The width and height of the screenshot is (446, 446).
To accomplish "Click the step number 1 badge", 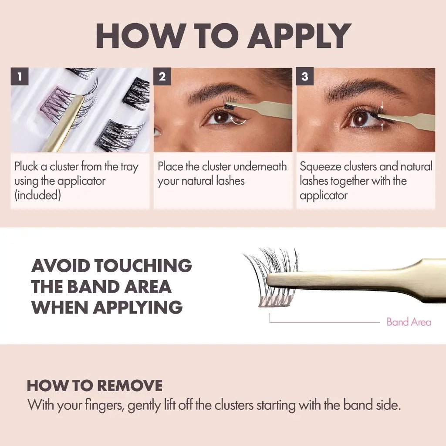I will pos(19,77).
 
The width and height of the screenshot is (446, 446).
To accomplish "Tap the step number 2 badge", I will pos(162,77).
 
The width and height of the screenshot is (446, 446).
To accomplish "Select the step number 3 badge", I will pos(304,77).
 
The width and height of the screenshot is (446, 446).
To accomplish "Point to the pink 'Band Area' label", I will pos(409,322).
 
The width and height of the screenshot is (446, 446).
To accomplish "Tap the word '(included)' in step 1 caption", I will pos(37,195).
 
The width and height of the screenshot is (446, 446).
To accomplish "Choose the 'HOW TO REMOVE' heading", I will pos(95,386).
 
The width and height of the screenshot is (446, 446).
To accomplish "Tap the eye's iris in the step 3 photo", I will pos(360,118).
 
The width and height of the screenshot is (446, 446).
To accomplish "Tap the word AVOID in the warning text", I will pos(60,266).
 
